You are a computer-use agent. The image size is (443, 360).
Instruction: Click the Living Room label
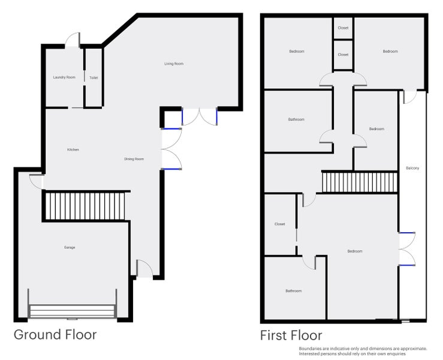[x=174, y=64]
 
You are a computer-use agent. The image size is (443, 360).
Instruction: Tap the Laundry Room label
[x=64, y=77]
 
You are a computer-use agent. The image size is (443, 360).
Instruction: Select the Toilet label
[x=94, y=78]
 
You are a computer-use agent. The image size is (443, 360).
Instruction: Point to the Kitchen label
[x=73, y=149]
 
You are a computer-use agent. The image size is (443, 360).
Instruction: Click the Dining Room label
[x=134, y=159]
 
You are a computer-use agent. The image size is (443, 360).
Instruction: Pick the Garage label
[x=70, y=247]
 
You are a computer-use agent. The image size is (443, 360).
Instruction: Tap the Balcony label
[x=412, y=168]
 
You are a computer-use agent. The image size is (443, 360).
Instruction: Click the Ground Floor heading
[x=55, y=335]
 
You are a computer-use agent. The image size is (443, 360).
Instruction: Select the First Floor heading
[x=291, y=335]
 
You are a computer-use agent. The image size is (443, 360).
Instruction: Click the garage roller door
[x=73, y=311]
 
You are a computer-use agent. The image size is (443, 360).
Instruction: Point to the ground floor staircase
[x=85, y=206]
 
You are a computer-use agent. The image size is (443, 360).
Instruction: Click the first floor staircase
[x=360, y=182]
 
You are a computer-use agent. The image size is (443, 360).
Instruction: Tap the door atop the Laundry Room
[x=73, y=40]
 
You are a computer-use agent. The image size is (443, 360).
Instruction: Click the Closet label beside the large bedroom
[x=280, y=224]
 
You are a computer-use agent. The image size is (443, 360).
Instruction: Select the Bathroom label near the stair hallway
[x=296, y=119]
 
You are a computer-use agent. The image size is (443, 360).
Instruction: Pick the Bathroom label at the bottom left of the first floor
[x=294, y=291]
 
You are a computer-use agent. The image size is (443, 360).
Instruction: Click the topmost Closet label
[x=343, y=28]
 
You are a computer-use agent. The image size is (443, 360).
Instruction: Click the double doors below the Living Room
[x=200, y=116]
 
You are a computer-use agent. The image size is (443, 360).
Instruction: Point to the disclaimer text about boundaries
[x=363, y=351]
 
